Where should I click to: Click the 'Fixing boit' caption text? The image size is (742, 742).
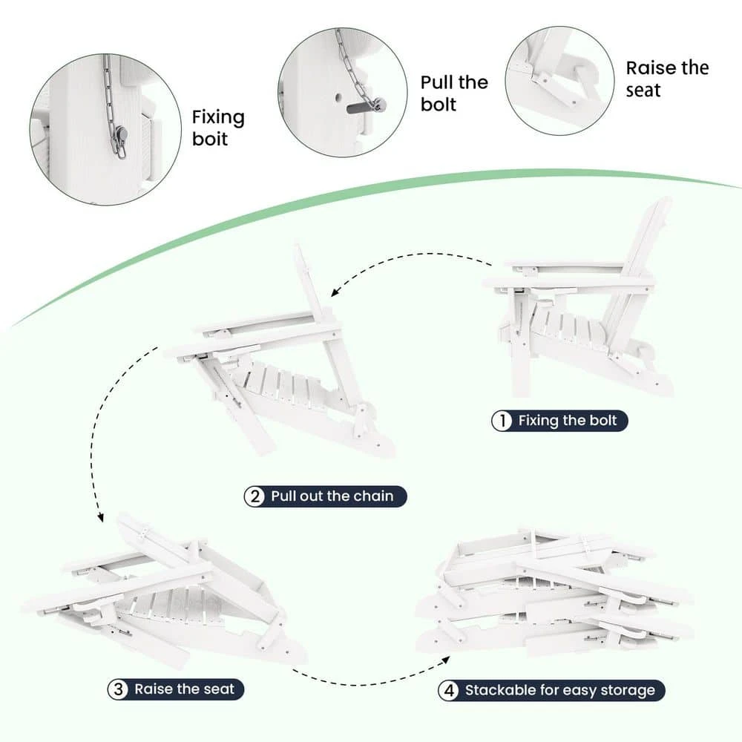click(x=218, y=128)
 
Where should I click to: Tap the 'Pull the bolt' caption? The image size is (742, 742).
click(x=454, y=93)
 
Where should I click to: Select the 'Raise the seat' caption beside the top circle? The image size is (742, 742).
click(x=667, y=79)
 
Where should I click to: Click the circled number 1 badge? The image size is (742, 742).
click(x=502, y=421)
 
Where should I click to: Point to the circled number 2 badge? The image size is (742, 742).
click(x=255, y=496)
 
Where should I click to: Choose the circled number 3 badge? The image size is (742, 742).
click(x=118, y=689)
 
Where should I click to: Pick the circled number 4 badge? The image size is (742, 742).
click(x=449, y=690)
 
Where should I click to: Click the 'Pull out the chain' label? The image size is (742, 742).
click(x=332, y=496)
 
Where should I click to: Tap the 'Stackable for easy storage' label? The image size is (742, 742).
click(x=559, y=690)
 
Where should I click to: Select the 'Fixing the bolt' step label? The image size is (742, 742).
click(x=568, y=420)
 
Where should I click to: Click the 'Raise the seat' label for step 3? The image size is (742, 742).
click(x=185, y=689)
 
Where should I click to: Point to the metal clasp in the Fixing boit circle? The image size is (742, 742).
click(x=121, y=141)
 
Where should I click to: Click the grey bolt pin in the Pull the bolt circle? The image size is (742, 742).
click(x=365, y=107)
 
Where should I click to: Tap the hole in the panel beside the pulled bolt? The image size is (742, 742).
click(x=338, y=98)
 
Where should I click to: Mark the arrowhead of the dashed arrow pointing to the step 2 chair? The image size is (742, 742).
click(x=335, y=292)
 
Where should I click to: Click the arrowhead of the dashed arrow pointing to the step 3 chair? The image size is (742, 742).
click(x=100, y=518)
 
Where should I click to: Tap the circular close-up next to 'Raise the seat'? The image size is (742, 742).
click(x=559, y=81)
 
